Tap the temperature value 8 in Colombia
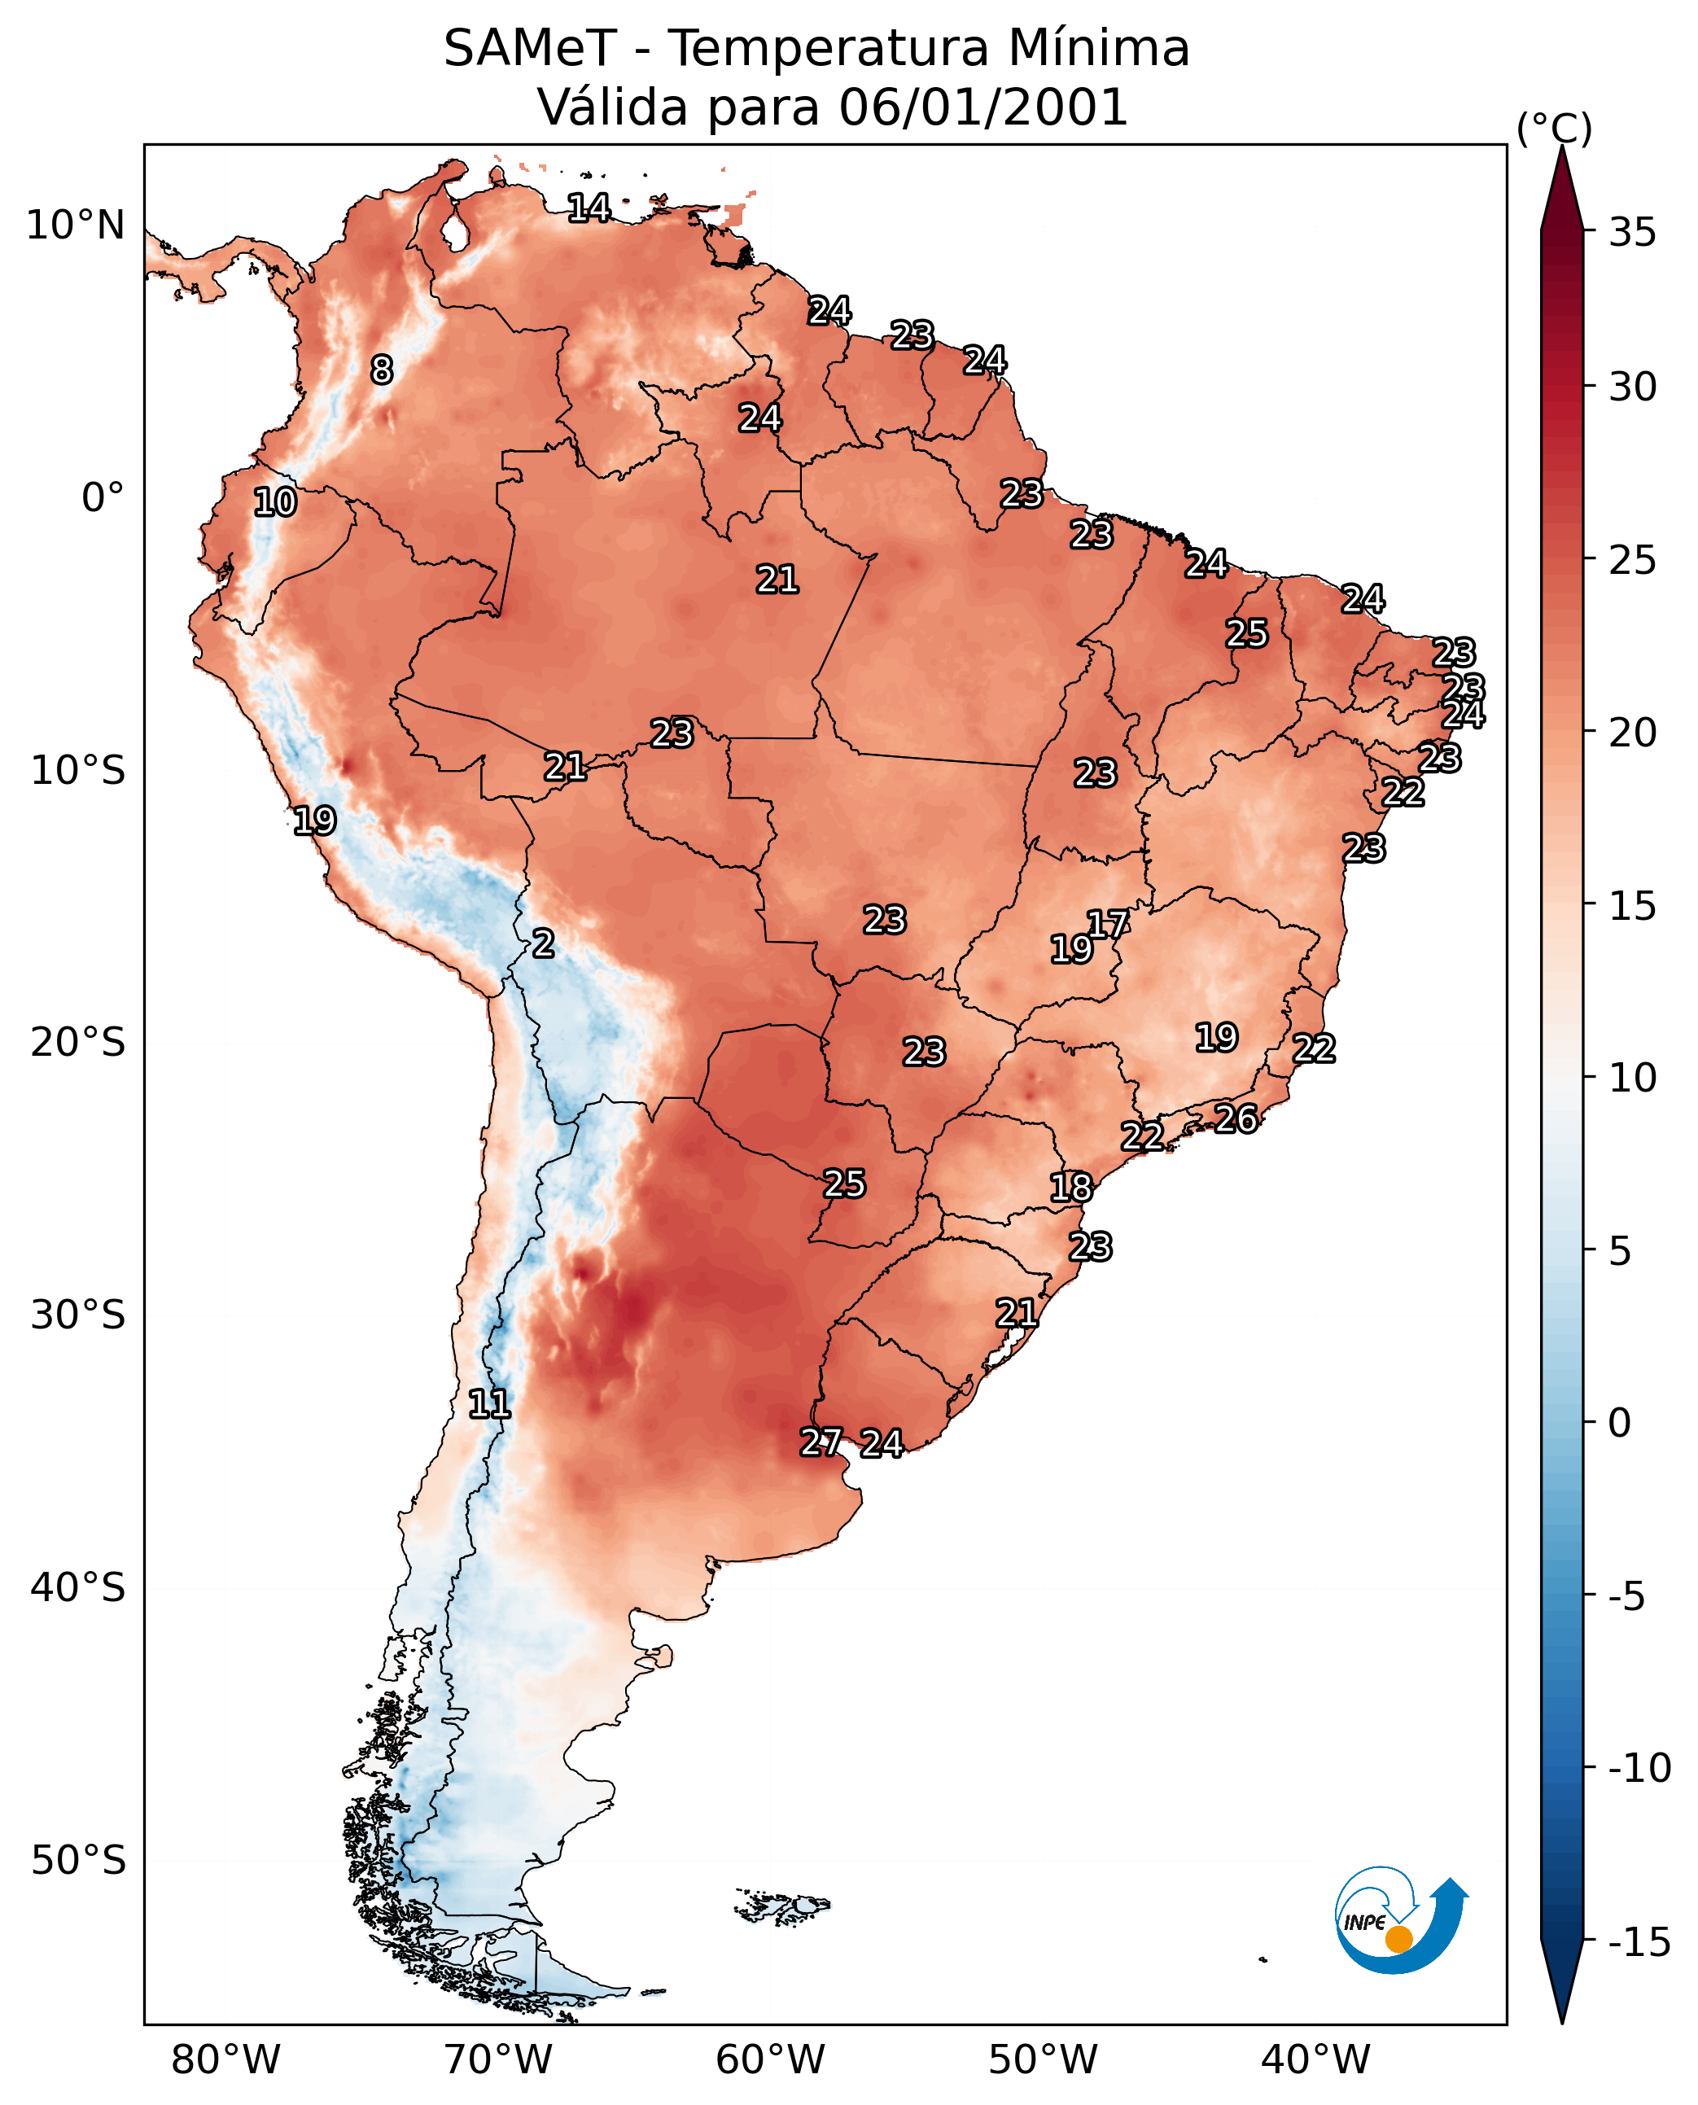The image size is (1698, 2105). (382, 370)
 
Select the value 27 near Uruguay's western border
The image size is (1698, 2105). (821, 1441)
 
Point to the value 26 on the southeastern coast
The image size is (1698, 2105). (1236, 1118)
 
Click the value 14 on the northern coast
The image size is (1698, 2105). (589, 208)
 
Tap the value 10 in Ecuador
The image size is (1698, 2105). (275, 501)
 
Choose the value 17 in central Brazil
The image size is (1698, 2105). (1108, 923)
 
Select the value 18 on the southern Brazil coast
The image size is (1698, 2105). (1071, 1187)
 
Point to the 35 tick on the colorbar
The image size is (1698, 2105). (1632, 232)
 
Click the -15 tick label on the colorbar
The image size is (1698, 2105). (1639, 1943)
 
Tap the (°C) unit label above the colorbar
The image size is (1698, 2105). (1554, 128)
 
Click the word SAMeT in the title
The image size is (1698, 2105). (529, 49)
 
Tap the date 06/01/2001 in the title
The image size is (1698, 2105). (983, 107)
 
